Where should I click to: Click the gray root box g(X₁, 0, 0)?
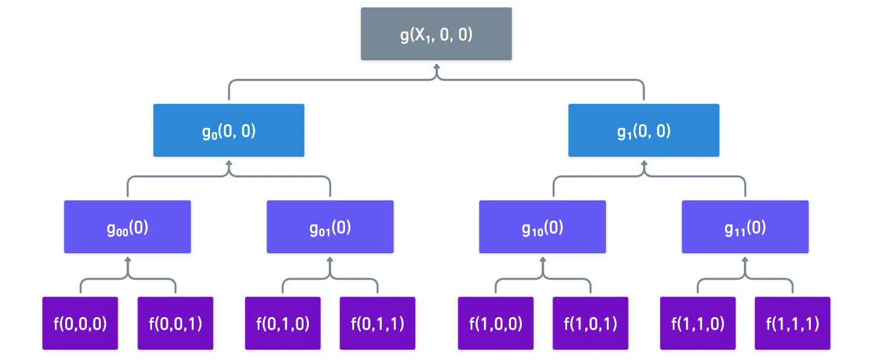436,34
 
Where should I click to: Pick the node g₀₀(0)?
127,227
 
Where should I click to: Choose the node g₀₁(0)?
330,227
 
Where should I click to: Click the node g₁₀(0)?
542,227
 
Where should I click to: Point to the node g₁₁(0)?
745,227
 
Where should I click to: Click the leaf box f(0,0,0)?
80,323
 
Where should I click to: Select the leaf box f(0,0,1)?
175,323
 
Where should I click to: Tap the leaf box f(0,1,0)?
283,323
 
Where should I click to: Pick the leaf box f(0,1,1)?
378,323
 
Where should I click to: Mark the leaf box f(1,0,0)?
495,323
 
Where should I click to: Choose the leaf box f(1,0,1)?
591,323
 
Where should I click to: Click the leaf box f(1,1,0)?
697,323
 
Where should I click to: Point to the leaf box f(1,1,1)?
792,323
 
